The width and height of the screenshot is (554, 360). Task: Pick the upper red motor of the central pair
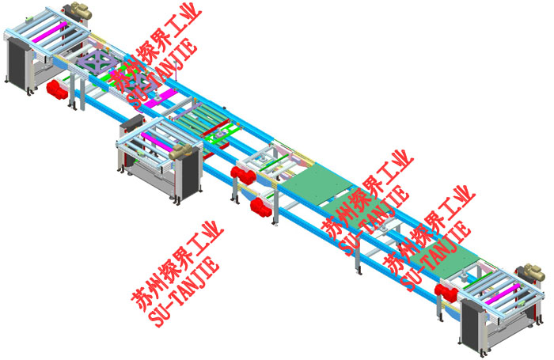pyautogui.click(x=243, y=176)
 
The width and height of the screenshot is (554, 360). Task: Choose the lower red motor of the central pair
pyautogui.click(x=261, y=207)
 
